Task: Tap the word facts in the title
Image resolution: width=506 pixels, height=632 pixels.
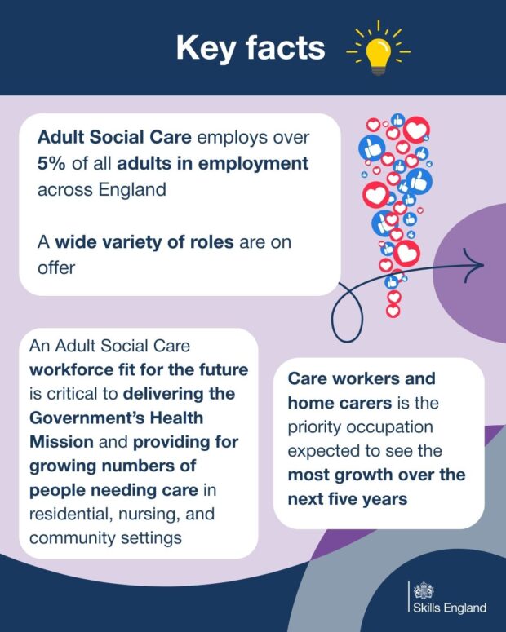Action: tap(286, 47)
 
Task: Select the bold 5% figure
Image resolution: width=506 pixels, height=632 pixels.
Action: tap(51, 164)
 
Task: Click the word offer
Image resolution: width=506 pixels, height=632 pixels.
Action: tap(56, 267)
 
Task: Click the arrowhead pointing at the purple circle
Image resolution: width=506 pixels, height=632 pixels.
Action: tap(473, 265)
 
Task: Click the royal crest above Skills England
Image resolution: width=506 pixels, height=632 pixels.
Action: tap(424, 590)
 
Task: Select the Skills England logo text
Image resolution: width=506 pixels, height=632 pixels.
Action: tap(450, 608)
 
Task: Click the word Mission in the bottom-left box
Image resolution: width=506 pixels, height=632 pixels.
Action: tap(62, 442)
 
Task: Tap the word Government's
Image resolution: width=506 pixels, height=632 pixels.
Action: tap(87, 418)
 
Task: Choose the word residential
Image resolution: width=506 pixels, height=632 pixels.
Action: tap(66, 514)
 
